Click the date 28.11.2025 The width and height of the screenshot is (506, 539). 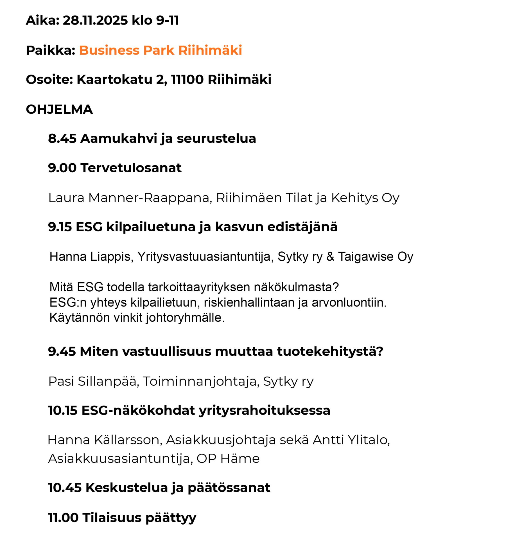coord(95,20)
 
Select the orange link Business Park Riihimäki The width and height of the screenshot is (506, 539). coord(160,50)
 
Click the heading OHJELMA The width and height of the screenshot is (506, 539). coord(59,109)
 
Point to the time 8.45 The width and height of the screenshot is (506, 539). coord(62,138)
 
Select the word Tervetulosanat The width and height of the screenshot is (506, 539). coord(131,168)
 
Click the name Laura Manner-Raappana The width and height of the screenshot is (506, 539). coord(129,198)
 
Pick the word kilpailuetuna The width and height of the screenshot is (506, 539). coord(151,227)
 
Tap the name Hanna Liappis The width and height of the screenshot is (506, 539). coord(90,257)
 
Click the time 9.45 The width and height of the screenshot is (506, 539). coord(62,352)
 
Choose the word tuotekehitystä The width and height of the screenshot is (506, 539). coord(330,352)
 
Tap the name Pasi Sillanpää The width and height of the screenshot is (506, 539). coord(92,381)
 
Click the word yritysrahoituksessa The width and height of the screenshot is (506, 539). coord(264,410)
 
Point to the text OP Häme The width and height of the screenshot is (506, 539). coord(228,459)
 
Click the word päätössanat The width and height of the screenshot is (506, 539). coord(229,488)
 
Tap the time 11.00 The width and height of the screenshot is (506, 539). coord(63,518)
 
